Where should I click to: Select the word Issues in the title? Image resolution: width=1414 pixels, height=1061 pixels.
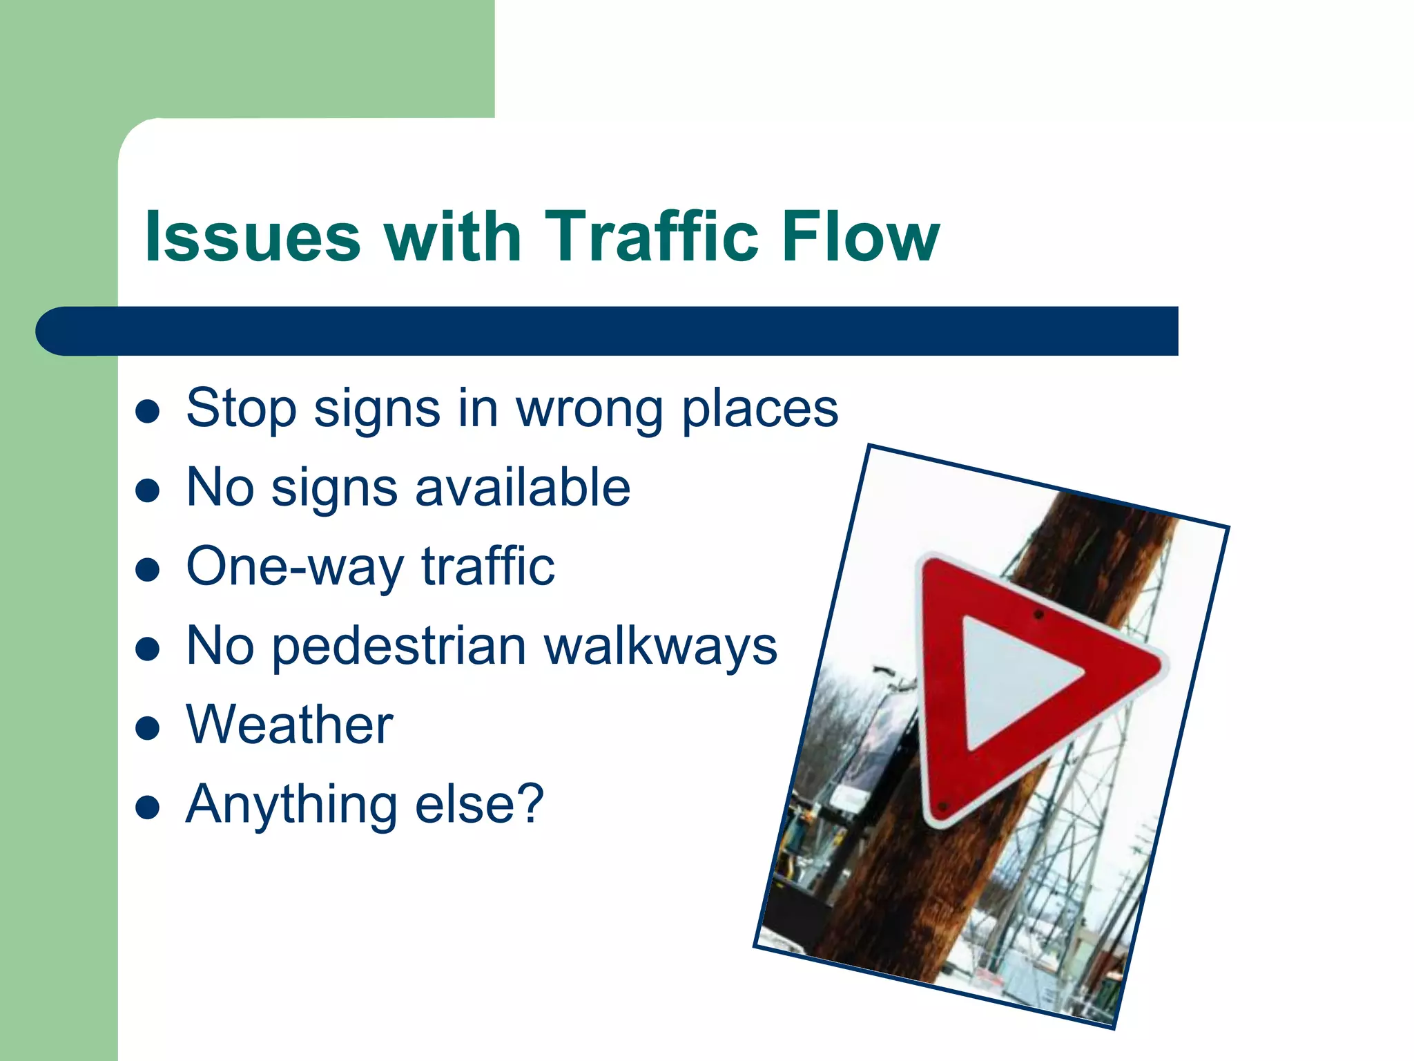coord(253,236)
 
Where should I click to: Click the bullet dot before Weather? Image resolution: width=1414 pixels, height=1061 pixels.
coord(148,727)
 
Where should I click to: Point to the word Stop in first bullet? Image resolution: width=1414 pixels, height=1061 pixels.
coord(241,409)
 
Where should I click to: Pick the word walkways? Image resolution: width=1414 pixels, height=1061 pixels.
coord(661,647)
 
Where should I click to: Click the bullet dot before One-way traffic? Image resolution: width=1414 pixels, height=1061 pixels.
coord(148,570)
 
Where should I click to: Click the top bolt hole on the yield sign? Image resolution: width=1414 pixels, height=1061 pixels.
coord(1038,614)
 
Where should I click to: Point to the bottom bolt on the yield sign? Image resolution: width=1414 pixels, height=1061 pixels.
coord(943,805)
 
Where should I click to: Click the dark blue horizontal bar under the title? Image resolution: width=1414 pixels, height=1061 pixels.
coord(608,331)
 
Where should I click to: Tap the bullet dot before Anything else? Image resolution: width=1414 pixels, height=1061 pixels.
coord(148,806)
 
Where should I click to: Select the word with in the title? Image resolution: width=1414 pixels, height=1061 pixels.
coord(452,236)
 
